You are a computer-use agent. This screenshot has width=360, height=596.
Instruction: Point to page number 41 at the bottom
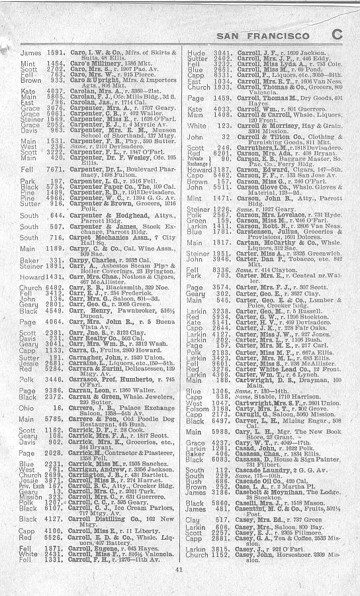179,569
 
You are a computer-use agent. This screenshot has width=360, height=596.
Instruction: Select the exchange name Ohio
27,389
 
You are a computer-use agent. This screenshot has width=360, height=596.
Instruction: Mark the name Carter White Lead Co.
263,368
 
